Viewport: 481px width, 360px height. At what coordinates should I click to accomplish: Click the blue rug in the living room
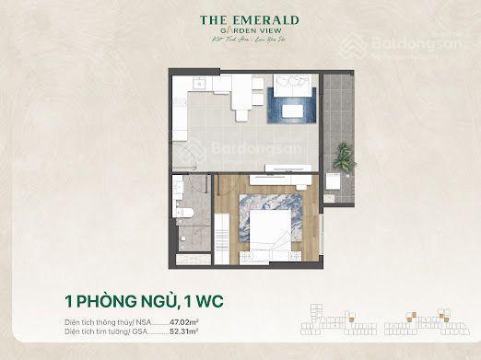(x=292, y=110)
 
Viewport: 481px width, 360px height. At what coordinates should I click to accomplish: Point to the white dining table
(x=240, y=96)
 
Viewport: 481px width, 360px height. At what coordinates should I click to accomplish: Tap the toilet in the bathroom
(x=182, y=214)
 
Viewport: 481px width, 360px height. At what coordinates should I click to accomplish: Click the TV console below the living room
(x=292, y=168)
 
